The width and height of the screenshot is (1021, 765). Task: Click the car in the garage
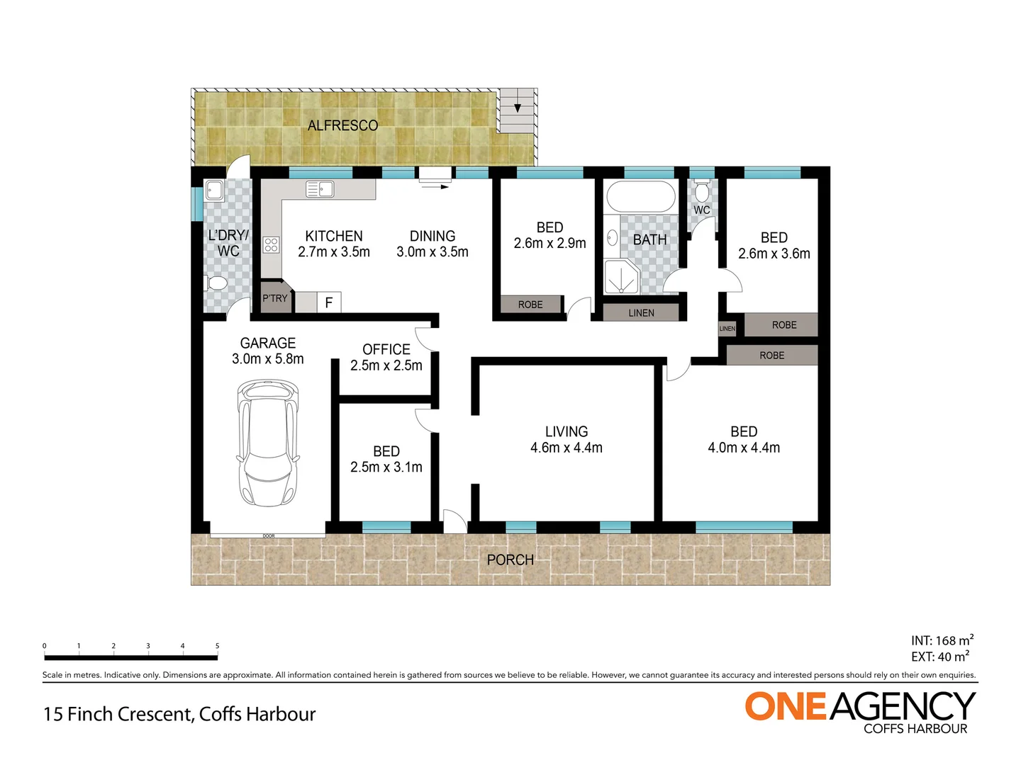pyautogui.click(x=268, y=443)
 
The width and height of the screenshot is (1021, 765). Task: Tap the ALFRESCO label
pyautogui.click(x=342, y=125)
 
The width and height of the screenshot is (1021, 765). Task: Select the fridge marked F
pyautogui.click(x=328, y=302)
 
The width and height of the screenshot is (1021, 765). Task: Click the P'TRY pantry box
pyautogui.click(x=275, y=298)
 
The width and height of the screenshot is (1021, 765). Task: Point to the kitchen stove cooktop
pyautogui.click(x=271, y=245)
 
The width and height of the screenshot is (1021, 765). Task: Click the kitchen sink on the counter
pyautogui.click(x=320, y=189)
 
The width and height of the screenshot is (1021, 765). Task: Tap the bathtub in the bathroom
pyautogui.click(x=642, y=197)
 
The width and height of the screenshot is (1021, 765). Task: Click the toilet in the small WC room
pyautogui.click(x=702, y=191)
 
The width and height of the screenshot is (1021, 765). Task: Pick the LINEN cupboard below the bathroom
pyautogui.click(x=641, y=312)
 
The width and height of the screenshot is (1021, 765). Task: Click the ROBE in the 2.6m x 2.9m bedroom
pyautogui.click(x=530, y=305)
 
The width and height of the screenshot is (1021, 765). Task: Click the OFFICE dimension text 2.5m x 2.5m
pyautogui.click(x=386, y=365)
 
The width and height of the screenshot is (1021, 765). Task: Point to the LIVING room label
pyautogui.click(x=566, y=431)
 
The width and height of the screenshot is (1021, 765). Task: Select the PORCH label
pyautogui.click(x=510, y=560)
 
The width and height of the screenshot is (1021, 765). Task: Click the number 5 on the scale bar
pyautogui.click(x=217, y=646)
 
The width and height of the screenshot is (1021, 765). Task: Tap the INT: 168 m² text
pyautogui.click(x=942, y=640)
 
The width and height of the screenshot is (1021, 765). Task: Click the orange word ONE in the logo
pyautogui.click(x=786, y=707)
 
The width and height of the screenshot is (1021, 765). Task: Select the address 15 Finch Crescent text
pyautogui.click(x=179, y=714)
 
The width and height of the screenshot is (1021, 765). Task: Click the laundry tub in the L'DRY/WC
pyautogui.click(x=214, y=191)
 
